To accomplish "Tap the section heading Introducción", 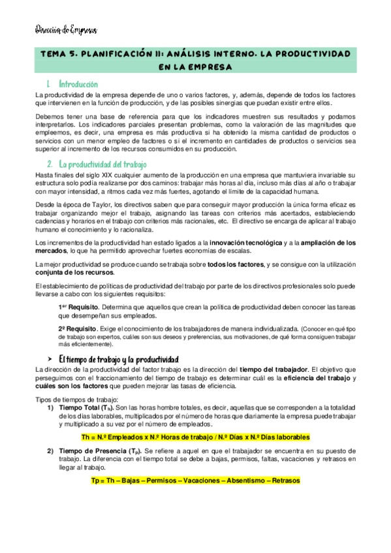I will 78,84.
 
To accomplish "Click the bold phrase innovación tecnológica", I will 249,243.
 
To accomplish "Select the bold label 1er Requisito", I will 77,306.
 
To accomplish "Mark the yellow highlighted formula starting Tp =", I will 195,481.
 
